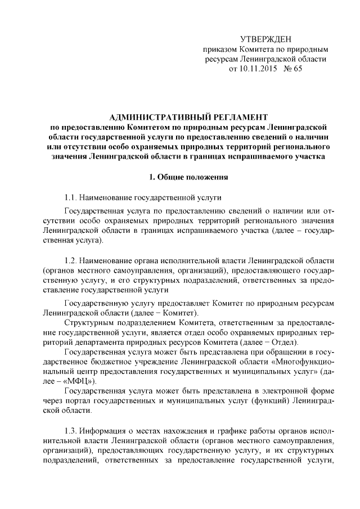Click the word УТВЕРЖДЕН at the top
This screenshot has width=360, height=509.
[266, 39]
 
